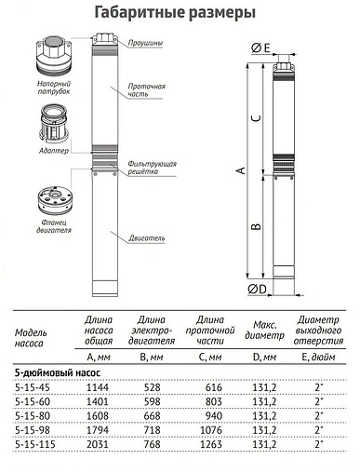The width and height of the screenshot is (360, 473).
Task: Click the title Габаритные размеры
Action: (179, 12)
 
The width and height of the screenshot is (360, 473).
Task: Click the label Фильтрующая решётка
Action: (151, 169)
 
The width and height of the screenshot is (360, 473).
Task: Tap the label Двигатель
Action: (148, 237)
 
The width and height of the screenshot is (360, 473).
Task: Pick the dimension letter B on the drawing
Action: (257, 226)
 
